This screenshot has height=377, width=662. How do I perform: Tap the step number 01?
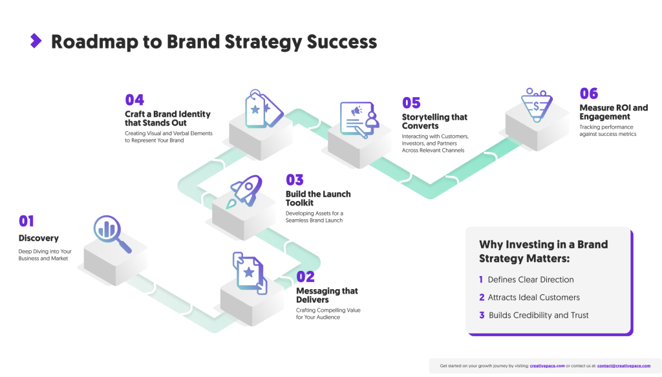coord(26,221)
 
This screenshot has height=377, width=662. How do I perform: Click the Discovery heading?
coord(38,238)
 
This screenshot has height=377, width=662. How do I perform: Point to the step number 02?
coord(305,277)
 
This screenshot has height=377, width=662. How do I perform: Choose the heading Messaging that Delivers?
coord(326,296)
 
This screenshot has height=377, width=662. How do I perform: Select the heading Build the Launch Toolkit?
coord(317,199)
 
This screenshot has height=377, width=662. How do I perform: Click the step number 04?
coord(134,100)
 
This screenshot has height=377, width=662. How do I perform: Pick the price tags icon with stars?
coord(262,109)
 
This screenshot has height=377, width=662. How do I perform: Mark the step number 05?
coord(411,103)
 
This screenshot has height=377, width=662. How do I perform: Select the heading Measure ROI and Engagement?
coord(614,112)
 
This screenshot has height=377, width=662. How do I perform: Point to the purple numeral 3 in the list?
coord(482,315)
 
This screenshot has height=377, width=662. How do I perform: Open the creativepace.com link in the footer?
coord(547,365)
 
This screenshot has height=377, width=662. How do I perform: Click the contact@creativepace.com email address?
coord(623,365)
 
